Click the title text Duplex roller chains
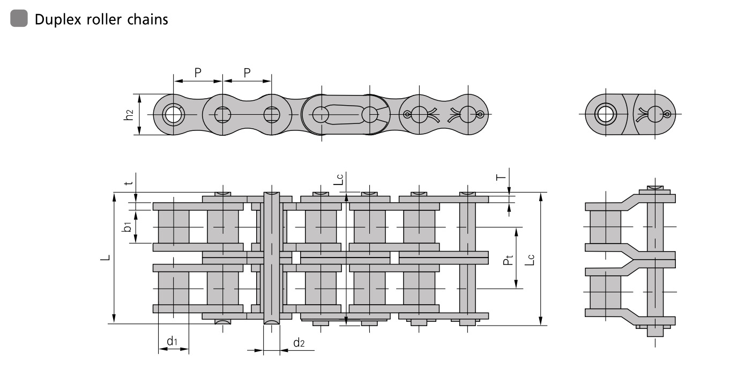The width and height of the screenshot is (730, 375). [x=101, y=20]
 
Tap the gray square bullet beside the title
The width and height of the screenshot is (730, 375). [x=18, y=19]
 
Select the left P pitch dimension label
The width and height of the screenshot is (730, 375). [x=198, y=72]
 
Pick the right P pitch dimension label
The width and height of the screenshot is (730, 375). [x=247, y=72]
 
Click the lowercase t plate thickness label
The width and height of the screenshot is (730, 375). [x=128, y=183]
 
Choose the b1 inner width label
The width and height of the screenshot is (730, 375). [x=127, y=227]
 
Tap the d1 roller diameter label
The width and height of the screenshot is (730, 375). [x=172, y=341]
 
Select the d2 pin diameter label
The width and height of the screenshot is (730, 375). [x=299, y=342]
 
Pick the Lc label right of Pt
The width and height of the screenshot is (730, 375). [x=530, y=260]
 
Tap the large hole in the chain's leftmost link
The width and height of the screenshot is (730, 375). [x=173, y=115]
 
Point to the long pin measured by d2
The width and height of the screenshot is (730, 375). [x=272, y=258]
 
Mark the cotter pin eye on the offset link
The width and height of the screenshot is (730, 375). [x=667, y=114]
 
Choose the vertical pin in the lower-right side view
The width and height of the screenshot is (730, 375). [x=655, y=263]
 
